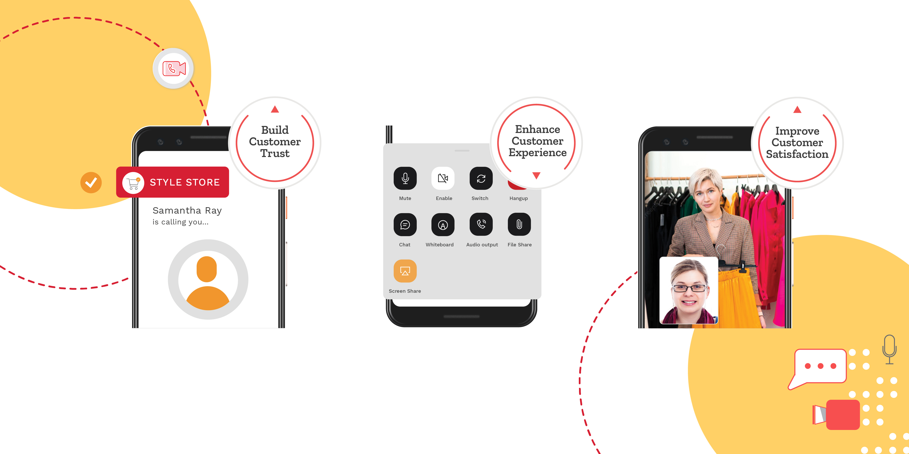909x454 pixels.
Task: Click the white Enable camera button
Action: pyautogui.click(x=443, y=178)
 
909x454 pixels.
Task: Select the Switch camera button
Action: pyautogui.click(x=481, y=178)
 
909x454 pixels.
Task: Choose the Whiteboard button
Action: pyautogui.click(x=443, y=224)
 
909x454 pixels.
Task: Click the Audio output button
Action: pyautogui.click(x=481, y=224)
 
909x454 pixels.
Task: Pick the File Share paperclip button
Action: pyautogui.click(x=519, y=224)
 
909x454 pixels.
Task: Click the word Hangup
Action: pyautogui.click(x=518, y=198)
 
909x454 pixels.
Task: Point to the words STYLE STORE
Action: pyautogui.click(x=184, y=182)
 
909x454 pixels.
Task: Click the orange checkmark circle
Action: pyautogui.click(x=91, y=183)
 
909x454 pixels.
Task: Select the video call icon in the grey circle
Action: pyautogui.click(x=174, y=68)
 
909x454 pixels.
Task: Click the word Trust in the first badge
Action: pyautogui.click(x=275, y=153)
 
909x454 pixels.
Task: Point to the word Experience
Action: pyautogui.click(x=537, y=153)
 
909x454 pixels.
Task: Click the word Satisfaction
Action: pyautogui.click(x=797, y=154)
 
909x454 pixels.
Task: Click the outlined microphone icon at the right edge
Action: pyautogui.click(x=889, y=349)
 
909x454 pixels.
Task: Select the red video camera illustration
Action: pyautogui.click(x=838, y=414)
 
